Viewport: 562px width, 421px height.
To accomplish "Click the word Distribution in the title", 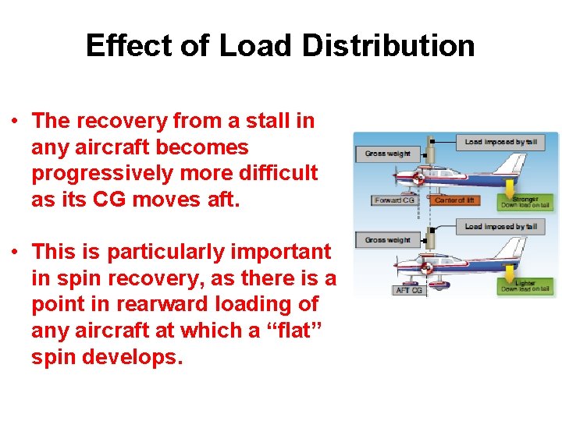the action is (387, 46).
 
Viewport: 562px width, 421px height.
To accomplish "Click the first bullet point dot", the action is (15, 122).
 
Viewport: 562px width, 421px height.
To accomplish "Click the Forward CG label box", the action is (395, 200).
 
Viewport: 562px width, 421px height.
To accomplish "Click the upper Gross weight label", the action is (387, 154).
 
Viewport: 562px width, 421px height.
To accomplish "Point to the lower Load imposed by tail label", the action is (500, 227).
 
